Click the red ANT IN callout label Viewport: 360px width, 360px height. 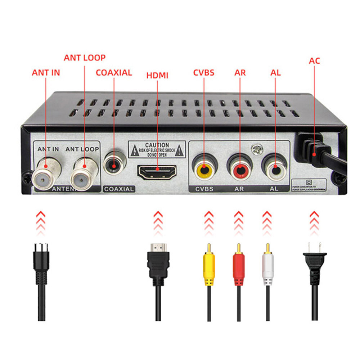(46, 72)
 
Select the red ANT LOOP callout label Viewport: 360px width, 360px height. (85, 58)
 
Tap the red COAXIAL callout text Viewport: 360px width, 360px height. (114, 72)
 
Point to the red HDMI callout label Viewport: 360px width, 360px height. (157, 75)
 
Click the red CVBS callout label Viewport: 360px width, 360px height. (204, 72)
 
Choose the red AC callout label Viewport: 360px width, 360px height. (314, 60)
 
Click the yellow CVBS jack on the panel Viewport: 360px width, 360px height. (204, 168)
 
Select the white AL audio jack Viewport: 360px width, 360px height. (275, 168)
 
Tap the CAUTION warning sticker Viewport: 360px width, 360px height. (157, 149)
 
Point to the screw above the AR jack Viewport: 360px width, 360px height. (256, 148)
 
